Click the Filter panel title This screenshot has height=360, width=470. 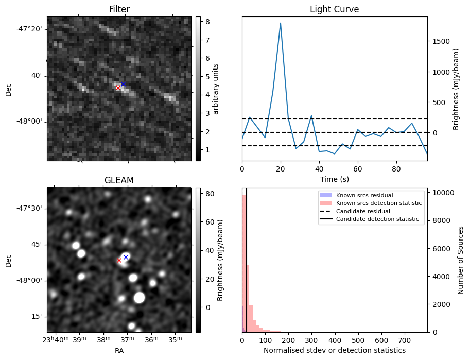[x=119, y=9]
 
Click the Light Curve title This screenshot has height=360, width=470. [x=334, y=9]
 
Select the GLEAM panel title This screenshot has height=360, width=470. [x=119, y=180]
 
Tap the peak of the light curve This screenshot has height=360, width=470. [x=281, y=23]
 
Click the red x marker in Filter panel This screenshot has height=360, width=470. [x=118, y=88]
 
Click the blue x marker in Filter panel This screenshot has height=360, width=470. [x=123, y=84]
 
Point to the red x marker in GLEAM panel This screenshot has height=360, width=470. [x=119, y=261]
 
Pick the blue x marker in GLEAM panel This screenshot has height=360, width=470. [x=126, y=257]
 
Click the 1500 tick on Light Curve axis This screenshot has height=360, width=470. [x=440, y=41]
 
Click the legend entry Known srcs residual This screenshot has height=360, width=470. [x=364, y=196]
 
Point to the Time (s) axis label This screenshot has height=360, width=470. [x=334, y=178]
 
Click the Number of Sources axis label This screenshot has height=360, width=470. [x=460, y=260]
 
